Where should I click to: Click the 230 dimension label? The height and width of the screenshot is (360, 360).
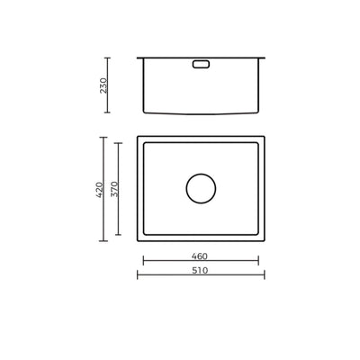click(103, 85)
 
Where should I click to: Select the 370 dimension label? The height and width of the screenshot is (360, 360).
click(114, 188)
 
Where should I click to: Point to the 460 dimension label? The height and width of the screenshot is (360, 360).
click(201, 255)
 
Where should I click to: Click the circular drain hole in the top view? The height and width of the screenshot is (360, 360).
click(201, 189)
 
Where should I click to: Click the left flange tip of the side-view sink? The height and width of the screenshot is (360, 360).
click(139, 58)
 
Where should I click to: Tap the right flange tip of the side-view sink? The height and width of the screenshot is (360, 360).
click(264, 58)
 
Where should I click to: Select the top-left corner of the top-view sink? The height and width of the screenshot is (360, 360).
click(139, 138)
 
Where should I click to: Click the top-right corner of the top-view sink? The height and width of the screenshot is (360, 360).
click(264, 138)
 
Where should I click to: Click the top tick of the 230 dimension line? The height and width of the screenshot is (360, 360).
click(109, 58)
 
